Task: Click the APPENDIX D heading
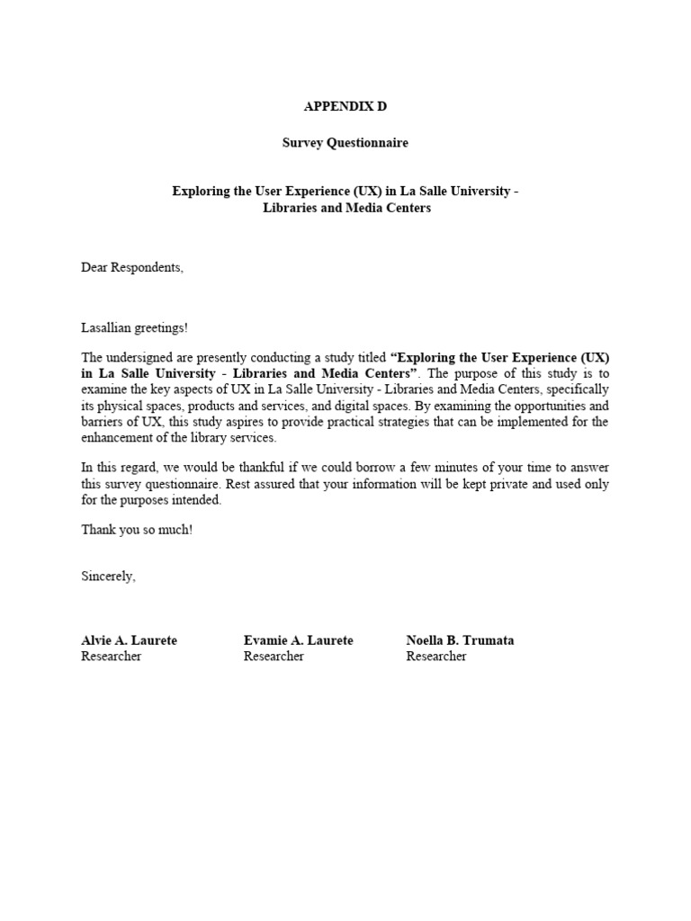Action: [345, 106]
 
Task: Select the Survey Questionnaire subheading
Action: [345, 142]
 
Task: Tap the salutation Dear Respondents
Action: [132, 267]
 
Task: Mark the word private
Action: [465, 484]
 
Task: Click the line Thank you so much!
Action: [137, 530]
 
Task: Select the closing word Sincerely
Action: [108, 576]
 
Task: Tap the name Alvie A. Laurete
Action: [129, 640]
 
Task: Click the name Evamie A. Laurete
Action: [298, 640]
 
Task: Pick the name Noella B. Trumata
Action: [460, 640]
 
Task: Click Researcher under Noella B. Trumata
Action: [436, 657]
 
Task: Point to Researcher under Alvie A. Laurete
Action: [112, 657]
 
